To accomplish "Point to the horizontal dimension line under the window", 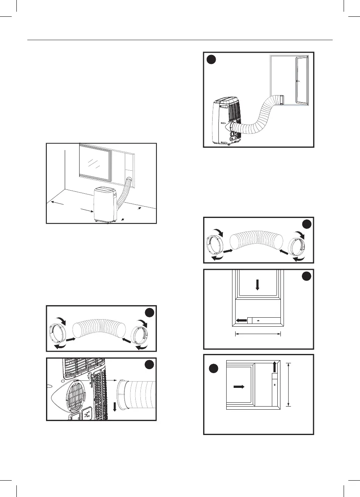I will point(258,333).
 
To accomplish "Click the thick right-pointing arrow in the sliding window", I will point(239,387).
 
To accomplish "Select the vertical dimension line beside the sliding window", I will point(288,384).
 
